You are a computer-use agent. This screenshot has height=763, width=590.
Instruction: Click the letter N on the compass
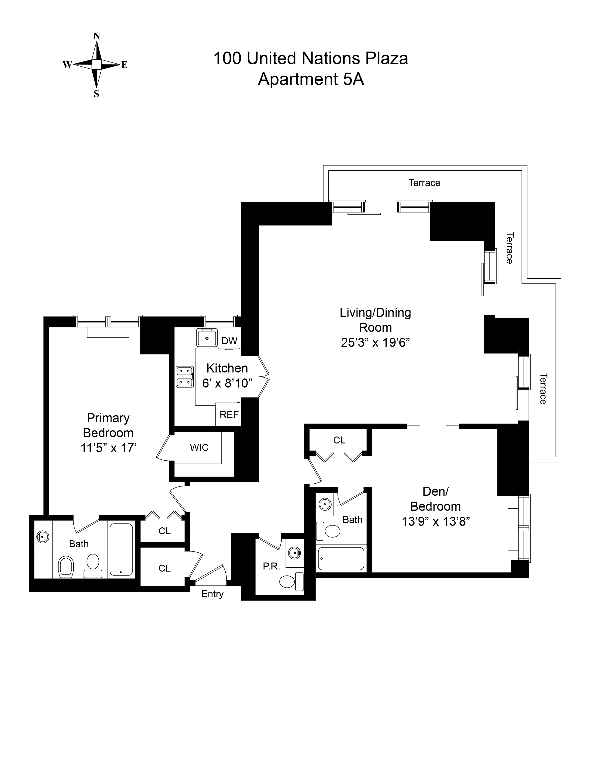(x=97, y=36)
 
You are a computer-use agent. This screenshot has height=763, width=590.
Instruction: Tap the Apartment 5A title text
(x=311, y=79)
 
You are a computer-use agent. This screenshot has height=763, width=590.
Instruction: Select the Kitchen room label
(x=227, y=368)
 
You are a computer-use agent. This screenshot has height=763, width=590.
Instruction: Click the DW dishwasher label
(x=230, y=341)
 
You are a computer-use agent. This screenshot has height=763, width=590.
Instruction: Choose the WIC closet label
(x=199, y=448)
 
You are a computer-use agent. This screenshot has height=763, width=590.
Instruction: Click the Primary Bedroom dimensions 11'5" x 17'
(x=108, y=448)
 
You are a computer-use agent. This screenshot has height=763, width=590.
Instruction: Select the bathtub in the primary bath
(x=121, y=550)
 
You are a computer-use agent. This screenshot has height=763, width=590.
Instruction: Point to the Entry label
(x=212, y=594)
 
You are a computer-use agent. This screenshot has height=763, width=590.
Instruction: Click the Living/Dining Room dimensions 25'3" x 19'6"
(x=375, y=343)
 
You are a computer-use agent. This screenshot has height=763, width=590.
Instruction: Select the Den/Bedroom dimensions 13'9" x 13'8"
(x=435, y=522)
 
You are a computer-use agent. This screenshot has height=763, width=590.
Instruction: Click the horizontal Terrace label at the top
(x=424, y=183)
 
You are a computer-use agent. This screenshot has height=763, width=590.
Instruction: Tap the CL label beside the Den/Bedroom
(x=339, y=440)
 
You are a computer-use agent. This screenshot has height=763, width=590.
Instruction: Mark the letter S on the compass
(x=96, y=94)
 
